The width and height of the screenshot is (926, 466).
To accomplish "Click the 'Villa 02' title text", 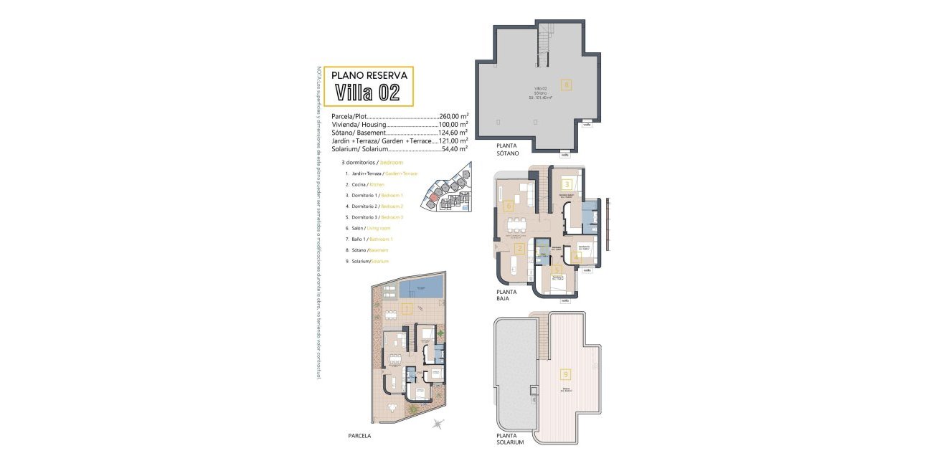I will [x=368, y=92].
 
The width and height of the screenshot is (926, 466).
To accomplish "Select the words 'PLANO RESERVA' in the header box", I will [x=369, y=75].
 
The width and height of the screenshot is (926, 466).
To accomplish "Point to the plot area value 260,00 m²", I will [x=453, y=115].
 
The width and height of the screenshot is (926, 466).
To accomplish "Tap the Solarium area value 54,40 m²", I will [x=453, y=149].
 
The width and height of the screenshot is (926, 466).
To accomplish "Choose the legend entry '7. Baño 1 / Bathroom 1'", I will [x=369, y=238].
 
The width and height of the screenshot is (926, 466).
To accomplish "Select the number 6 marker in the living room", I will [x=508, y=206].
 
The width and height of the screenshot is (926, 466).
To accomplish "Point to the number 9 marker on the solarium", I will [x=566, y=374].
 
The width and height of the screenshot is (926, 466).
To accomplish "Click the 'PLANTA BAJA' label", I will [x=509, y=295].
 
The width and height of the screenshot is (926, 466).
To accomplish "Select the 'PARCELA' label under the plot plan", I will [x=359, y=435].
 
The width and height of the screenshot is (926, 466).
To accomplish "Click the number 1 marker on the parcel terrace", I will [x=406, y=310].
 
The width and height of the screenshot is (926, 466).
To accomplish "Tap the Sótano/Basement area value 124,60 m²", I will [x=453, y=133].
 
